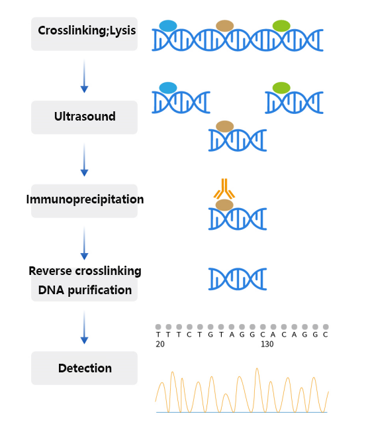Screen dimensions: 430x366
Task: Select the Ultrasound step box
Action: (x=84, y=117)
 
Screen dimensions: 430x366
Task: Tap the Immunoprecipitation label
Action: (x=84, y=199)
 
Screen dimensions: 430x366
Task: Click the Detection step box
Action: (x=84, y=368)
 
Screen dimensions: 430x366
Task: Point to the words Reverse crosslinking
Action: (x=85, y=271)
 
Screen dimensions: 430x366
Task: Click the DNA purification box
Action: (x=84, y=290)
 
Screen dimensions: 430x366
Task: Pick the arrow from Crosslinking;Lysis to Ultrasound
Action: (x=84, y=76)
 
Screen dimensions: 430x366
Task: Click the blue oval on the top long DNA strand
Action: (x=168, y=26)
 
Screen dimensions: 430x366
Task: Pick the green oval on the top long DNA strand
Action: (x=281, y=26)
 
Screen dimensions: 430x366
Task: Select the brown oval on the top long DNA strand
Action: (x=225, y=26)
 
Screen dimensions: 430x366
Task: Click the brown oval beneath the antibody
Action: (x=225, y=205)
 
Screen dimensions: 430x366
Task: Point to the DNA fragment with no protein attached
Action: (x=237, y=278)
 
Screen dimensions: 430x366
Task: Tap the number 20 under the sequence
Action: (x=160, y=345)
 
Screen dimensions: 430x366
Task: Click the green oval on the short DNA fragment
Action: (x=281, y=87)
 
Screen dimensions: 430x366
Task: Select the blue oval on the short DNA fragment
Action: (x=168, y=87)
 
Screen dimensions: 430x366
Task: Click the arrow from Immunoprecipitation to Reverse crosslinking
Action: (x=84, y=242)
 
